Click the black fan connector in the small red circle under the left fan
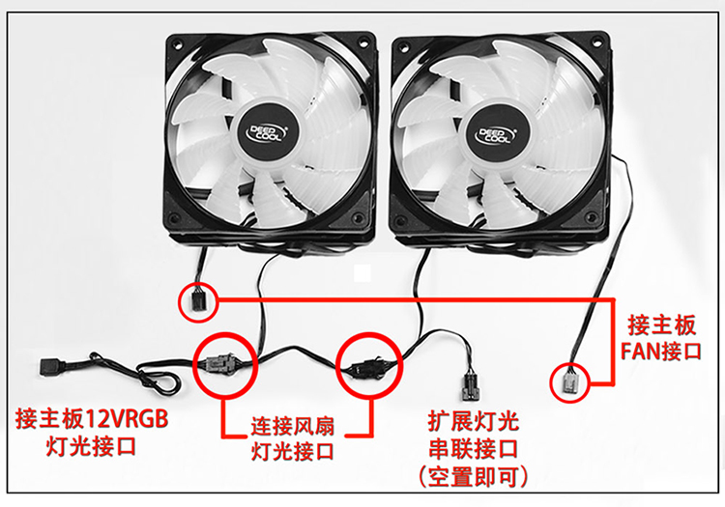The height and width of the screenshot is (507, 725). (198, 302)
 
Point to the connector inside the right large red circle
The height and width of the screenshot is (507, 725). (367, 368)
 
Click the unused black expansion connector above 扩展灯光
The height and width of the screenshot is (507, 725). (471, 387)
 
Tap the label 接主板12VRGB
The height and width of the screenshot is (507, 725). (92, 419)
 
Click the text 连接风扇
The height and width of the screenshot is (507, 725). (292, 426)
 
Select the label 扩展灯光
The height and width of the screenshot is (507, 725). (474, 421)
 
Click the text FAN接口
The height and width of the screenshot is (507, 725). (661, 351)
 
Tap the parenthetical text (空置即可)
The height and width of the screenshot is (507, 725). (474, 477)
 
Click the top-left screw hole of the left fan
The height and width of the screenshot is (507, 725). (176, 43)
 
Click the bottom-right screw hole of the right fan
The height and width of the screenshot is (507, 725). (591, 217)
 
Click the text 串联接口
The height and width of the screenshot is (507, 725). (474, 449)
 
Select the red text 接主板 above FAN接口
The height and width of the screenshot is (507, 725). (661, 325)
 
